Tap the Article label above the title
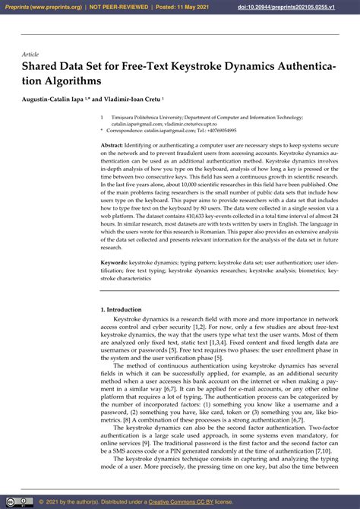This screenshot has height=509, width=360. (x=30, y=55)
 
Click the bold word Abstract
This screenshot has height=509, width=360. (x=112, y=144)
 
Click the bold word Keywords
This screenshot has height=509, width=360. (x=114, y=262)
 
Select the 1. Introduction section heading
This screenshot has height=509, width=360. (x=121, y=310)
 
